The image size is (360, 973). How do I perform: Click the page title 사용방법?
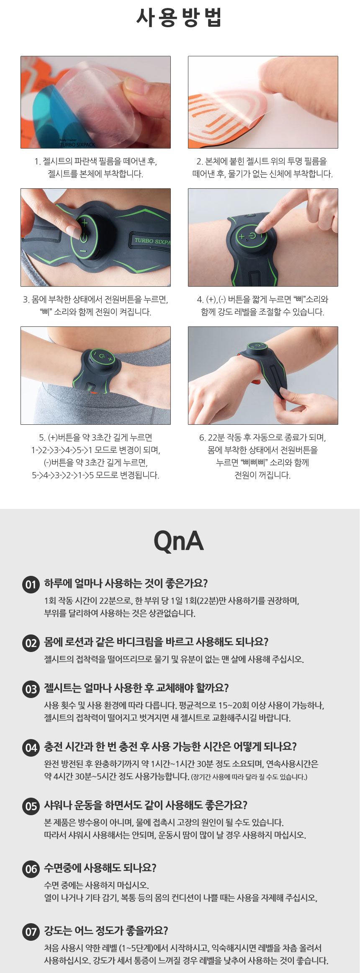click(179, 18)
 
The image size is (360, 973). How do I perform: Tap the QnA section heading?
click(179, 541)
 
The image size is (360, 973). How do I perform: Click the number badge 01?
click(31, 584)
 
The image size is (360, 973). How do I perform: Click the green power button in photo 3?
click(84, 238)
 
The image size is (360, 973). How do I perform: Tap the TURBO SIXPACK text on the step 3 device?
click(152, 241)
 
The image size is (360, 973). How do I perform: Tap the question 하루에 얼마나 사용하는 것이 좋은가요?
click(126, 583)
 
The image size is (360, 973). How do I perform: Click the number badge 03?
click(31, 689)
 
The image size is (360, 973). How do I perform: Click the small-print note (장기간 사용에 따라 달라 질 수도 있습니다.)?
click(249, 777)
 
